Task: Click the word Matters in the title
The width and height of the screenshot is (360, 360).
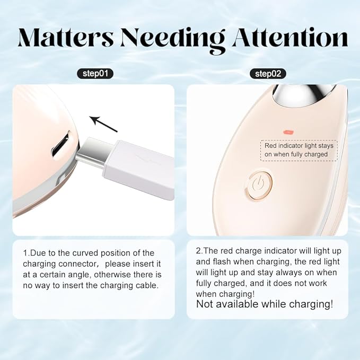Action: (x=67, y=38)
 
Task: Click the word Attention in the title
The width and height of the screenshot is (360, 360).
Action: (x=289, y=38)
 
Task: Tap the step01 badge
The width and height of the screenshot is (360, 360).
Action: (x=95, y=73)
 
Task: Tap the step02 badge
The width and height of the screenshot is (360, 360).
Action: (x=268, y=73)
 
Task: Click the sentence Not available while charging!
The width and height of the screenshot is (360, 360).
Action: (x=265, y=304)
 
